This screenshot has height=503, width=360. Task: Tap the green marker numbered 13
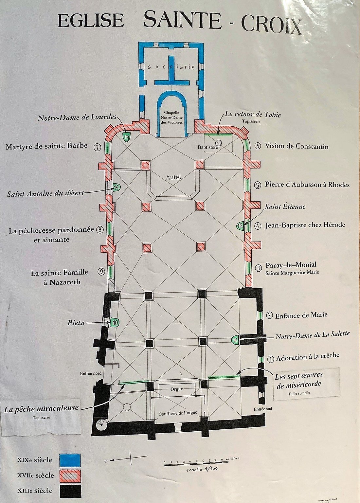tap(126, 137)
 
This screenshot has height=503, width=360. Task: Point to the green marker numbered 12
tap(241, 225)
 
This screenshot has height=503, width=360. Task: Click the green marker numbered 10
tap(115, 322)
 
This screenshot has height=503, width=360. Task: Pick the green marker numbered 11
tap(235, 340)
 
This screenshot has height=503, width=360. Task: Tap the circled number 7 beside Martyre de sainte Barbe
tap(97, 147)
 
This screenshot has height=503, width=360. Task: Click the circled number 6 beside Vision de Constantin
tap(258, 146)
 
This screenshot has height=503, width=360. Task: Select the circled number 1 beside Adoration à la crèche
tap(270, 359)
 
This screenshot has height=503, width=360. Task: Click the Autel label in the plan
tap(173, 177)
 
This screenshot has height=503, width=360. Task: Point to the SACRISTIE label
tap(171, 67)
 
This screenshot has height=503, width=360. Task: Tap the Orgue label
tap(176, 389)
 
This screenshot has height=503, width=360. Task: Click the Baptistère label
tap(208, 147)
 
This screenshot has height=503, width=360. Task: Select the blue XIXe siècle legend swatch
tap(70, 460)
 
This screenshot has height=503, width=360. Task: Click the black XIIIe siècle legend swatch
tap(70, 491)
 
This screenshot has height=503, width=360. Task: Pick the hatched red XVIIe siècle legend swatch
tap(70, 475)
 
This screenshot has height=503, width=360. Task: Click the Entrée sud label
tap(263, 409)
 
